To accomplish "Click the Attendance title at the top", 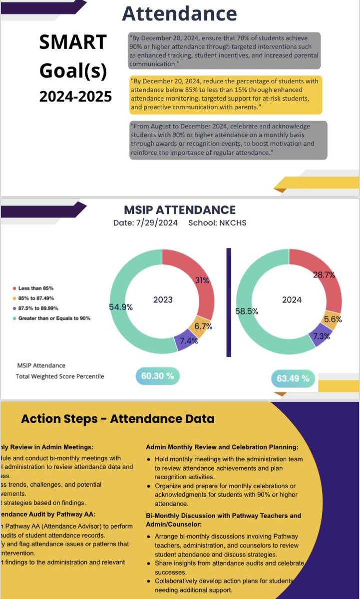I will tap(180, 13).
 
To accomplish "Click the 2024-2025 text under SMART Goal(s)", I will tap(75, 96).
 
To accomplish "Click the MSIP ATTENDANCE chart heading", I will tap(180, 210).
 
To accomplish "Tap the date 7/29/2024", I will tap(159, 223).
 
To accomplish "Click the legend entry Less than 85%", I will tap(35, 288).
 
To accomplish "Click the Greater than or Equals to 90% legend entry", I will tap(54, 318).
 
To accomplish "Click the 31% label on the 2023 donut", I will tap(201, 281).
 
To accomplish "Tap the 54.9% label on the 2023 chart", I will tap(121, 307).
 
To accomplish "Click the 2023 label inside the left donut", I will tap(163, 299).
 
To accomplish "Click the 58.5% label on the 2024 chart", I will tap(247, 311).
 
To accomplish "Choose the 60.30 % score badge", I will tap(158, 376).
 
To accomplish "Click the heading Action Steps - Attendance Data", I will tap(117, 419).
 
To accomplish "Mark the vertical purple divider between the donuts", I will tap(229, 302).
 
